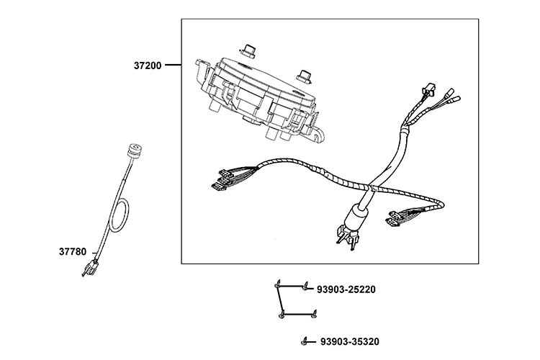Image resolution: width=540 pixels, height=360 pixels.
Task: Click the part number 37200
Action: pos(148,65)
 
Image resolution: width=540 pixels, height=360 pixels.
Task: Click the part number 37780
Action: pos(73,252)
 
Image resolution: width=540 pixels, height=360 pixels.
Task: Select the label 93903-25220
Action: pos(346,289)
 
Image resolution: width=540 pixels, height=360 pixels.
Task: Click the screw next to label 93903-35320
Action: pos(306,340)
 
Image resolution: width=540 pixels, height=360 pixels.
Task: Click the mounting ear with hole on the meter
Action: pos(318,134)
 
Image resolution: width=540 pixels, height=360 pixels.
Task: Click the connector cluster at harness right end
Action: pos(397,216)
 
